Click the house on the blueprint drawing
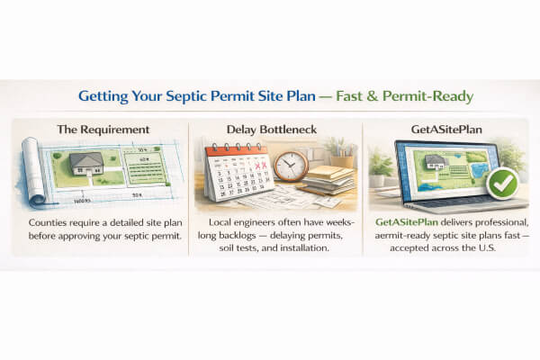point(85,163)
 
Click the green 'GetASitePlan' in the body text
point(409,222)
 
